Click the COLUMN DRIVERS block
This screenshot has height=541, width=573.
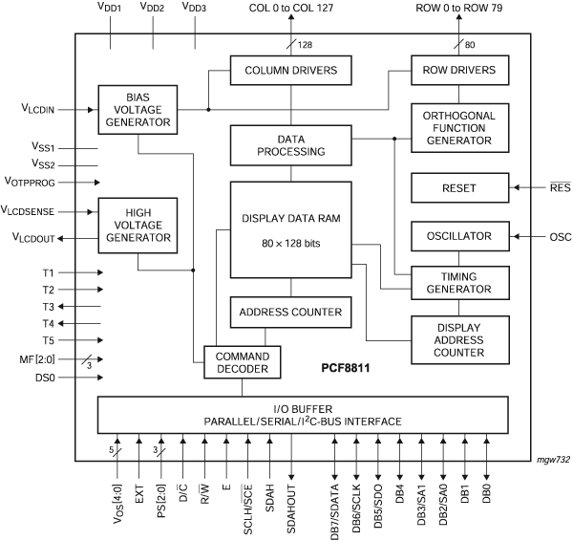coord(290,69)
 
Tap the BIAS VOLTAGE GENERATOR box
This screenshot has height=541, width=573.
coord(137,109)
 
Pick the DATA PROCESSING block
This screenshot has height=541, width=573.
coord(290,144)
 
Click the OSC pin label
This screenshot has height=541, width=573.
coord(561,236)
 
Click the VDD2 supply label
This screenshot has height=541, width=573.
coord(153,9)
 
